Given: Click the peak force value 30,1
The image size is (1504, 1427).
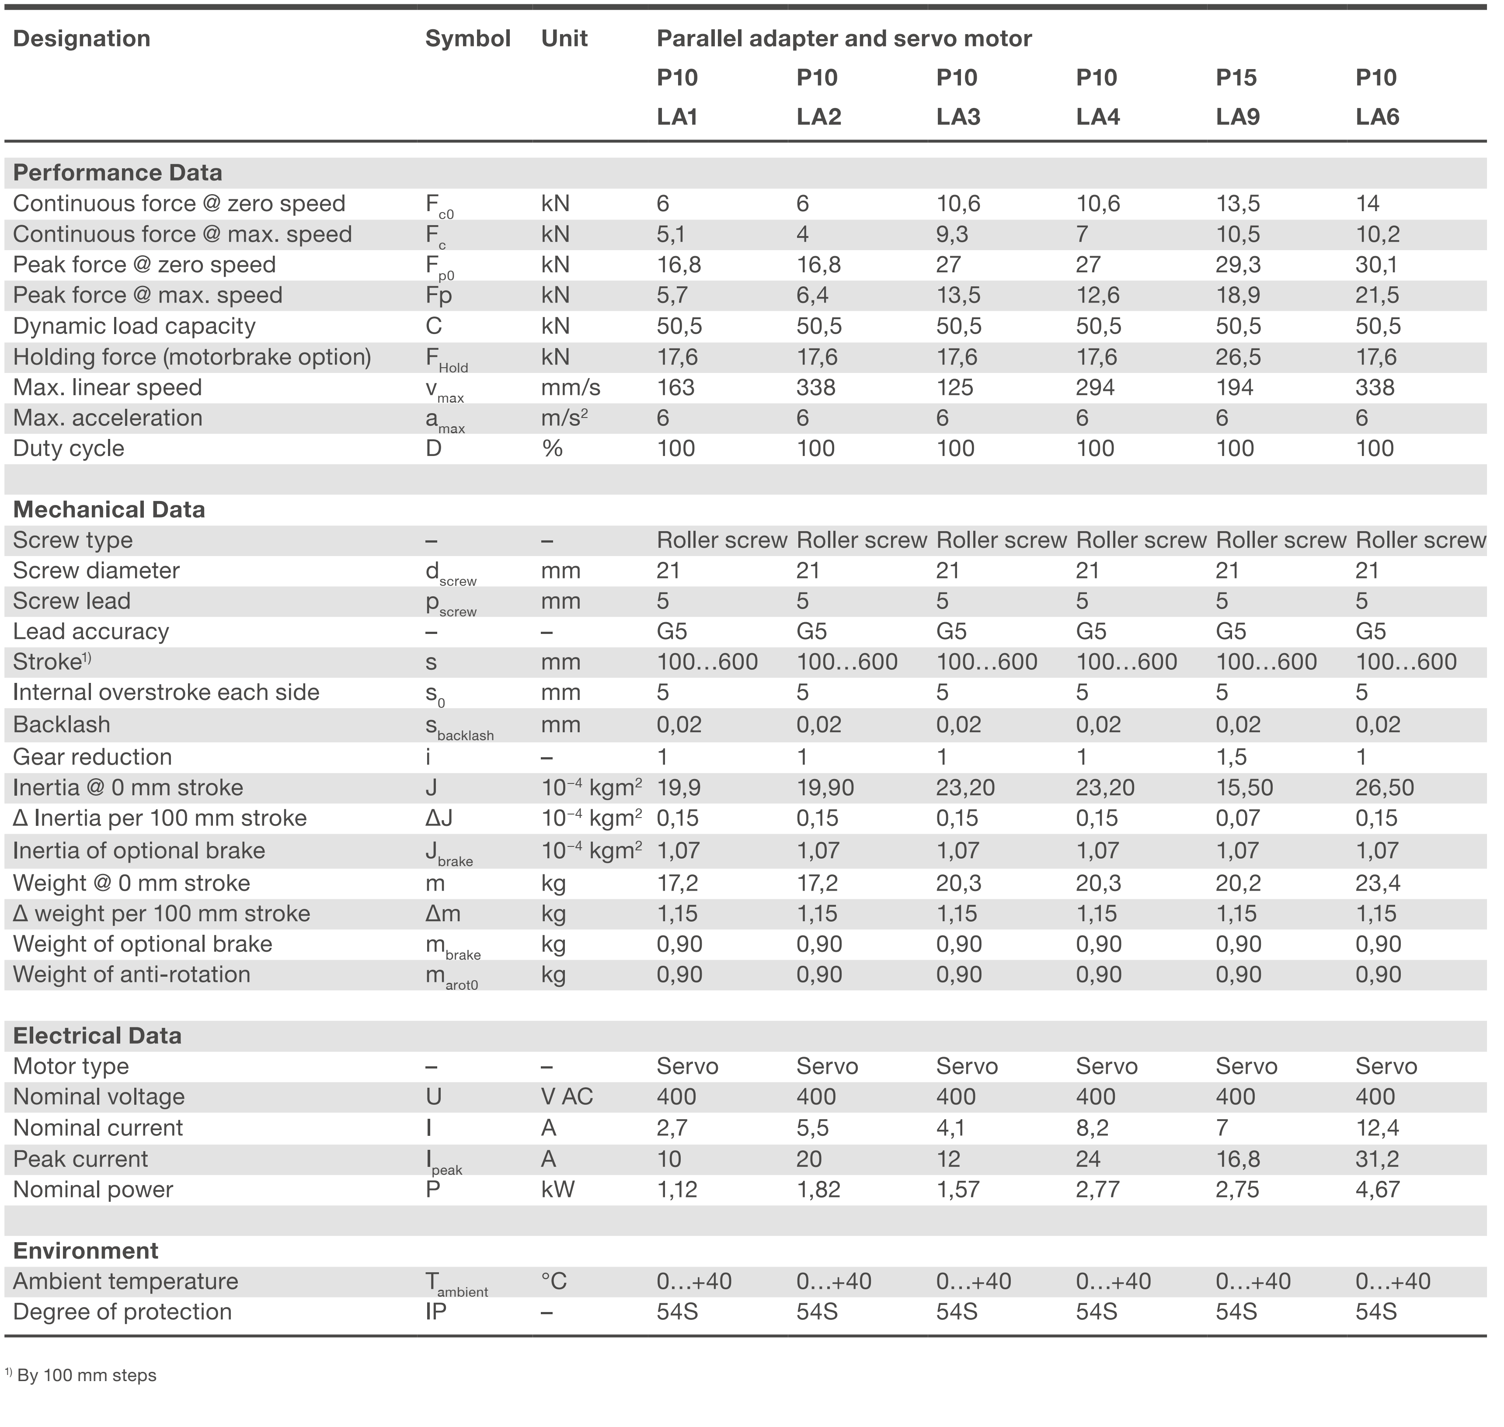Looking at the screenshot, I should point(1377,265).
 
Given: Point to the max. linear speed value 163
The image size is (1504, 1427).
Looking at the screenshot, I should point(675,387).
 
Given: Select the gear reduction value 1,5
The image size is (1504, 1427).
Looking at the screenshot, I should point(1230,757).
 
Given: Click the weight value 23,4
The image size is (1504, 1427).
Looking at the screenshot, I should point(1377,883).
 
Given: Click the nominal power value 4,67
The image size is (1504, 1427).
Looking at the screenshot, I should point(1377,1190).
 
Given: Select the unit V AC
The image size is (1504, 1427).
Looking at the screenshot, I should point(566,1097).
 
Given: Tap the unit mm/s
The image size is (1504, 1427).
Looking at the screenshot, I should point(571,387).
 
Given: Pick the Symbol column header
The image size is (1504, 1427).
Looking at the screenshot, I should point(467,39).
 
